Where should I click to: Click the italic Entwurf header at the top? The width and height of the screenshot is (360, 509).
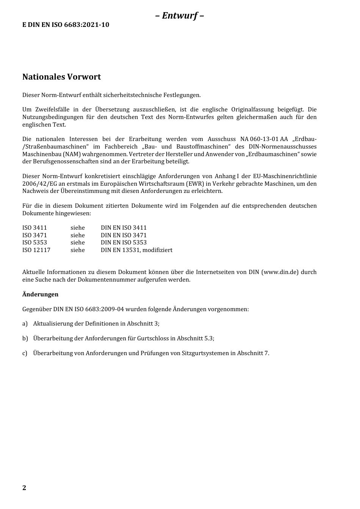pos(180,16)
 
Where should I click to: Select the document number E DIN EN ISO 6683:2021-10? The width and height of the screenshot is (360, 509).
pos(66,25)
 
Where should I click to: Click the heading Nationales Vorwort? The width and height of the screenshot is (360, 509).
pos(61,77)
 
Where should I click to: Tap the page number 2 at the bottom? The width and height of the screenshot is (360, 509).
pos(24,488)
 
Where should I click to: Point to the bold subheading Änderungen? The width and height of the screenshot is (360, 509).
pos(40,294)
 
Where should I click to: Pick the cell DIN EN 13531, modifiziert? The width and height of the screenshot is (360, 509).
pos(136,250)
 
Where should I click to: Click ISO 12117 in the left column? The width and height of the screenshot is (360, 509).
pos(36,250)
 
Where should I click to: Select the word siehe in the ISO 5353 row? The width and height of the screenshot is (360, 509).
pos(77,243)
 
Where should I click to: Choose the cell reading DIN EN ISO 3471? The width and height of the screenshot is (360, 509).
pos(124,235)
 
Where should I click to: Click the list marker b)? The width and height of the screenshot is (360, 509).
pos(25,338)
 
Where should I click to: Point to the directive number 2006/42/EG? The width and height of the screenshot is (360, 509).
pos(39,184)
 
